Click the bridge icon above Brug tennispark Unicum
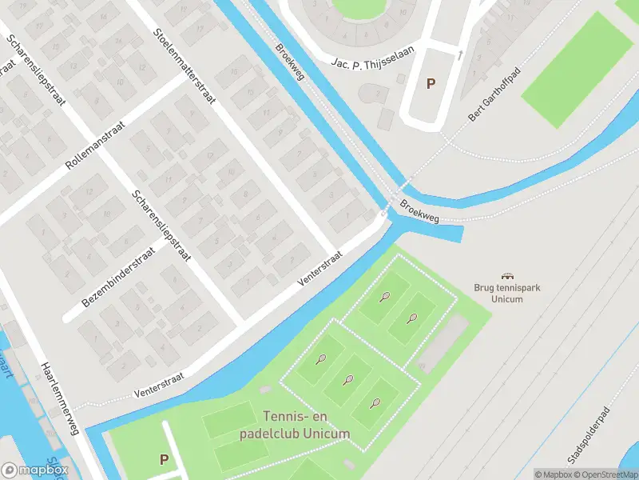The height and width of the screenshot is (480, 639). click(x=505, y=275)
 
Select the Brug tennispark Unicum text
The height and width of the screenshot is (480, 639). click(x=505, y=294)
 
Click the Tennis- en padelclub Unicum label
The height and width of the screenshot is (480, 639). click(x=295, y=425)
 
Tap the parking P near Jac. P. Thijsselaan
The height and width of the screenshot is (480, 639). click(x=431, y=83)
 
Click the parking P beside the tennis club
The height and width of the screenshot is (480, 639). click(x=164, y=459)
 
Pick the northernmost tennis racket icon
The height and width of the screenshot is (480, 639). click(x=385, y=298)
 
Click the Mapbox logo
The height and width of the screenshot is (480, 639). click(x=34, y=470)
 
